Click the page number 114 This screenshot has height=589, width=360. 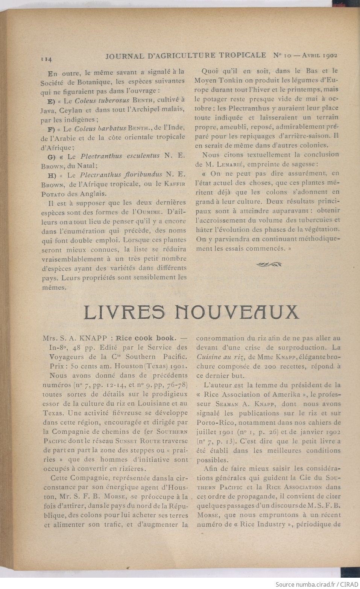46,59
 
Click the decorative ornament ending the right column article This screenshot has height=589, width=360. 269,264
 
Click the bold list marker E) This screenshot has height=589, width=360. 52,101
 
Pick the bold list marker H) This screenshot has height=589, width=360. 52,175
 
